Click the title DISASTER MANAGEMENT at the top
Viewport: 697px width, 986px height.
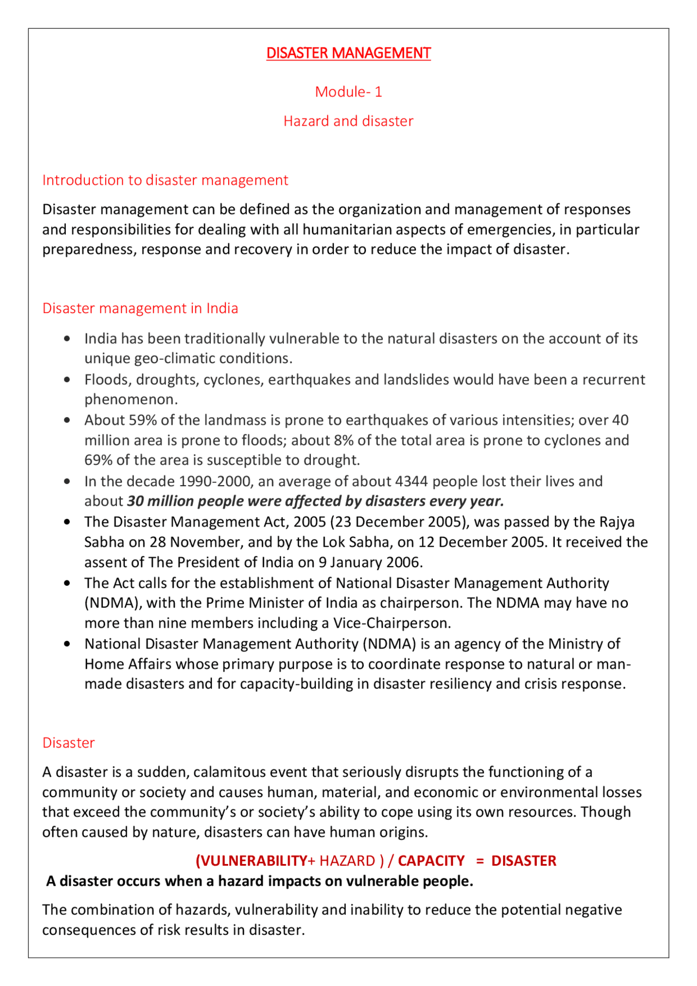click(x=348, y=53)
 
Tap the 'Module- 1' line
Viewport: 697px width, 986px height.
click(x=348, y=91)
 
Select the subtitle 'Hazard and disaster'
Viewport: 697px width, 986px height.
click(x=348, y=121)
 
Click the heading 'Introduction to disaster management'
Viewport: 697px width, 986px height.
click(x=165, y=180)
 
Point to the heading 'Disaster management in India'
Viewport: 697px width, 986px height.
click(x=140, y=308)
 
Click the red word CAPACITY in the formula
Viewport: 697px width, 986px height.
click(x=431, y=861)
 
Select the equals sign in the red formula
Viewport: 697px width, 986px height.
click(x=480, y=861)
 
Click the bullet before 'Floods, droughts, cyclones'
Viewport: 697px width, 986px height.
click(x=67, y=379)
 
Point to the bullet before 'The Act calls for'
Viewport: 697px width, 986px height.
click(x=67, y=583)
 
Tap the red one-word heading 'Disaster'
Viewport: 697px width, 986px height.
click(x=69, y=743)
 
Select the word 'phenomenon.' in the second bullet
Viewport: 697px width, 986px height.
click(x=131, y=399)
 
